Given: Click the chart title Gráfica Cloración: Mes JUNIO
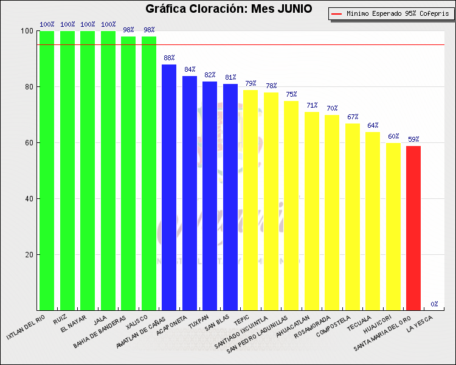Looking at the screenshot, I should (x=228, y=9).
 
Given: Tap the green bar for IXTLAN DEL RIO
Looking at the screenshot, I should (x=47, y=170).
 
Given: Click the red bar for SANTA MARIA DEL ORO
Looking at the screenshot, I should (x=413, y=228).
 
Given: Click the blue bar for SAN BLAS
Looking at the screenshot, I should (x=230, y=197).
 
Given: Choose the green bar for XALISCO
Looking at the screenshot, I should (x=149, y=173).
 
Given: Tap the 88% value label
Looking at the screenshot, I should (x=169, y=58).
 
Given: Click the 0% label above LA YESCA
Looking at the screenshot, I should (x=434, y=304).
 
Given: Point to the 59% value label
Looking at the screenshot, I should (x=413, y=140).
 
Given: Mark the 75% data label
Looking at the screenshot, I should (x=291, y=95).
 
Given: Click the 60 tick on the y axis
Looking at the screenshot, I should (x=29, y=143).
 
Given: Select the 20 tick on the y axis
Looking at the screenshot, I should (x=29, y=255).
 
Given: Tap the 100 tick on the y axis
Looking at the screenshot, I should (x=27, y=31).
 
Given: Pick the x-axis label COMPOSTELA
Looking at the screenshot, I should (x=338, y=328).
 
